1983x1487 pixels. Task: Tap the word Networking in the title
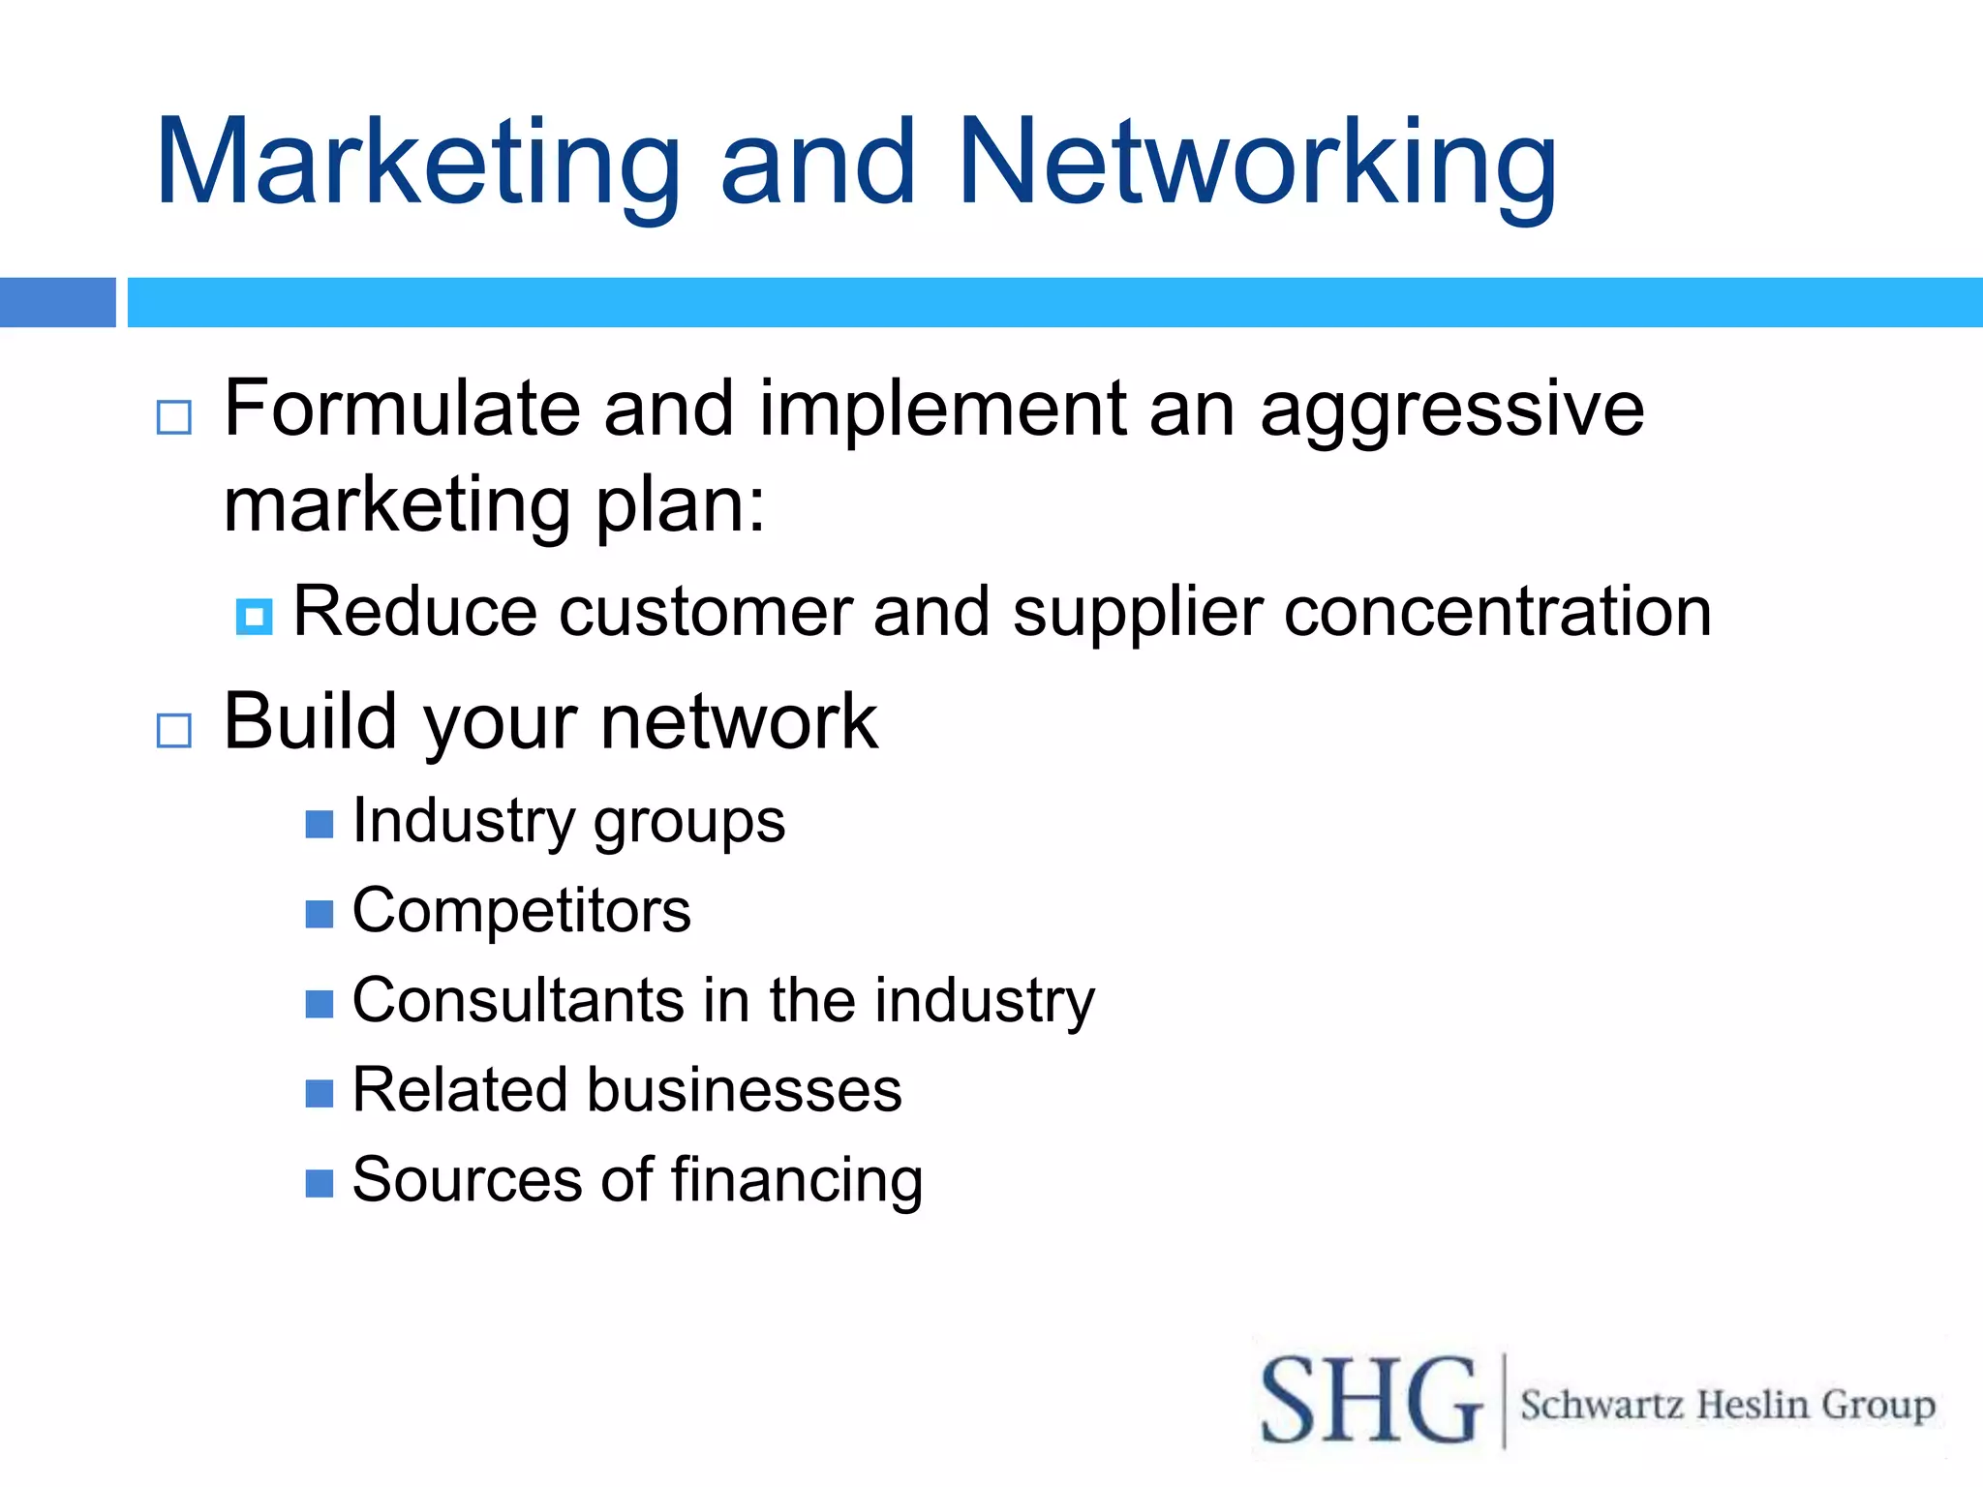pos(1257,163)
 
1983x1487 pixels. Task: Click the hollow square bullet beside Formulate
pos(174,417)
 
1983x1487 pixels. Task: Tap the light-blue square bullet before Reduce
pos(254,616)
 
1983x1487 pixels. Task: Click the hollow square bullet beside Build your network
pos(174,730)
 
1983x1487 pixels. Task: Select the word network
pos(739,722)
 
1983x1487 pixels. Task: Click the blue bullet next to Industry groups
pos(320,824)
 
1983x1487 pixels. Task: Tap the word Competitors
pos(521,911)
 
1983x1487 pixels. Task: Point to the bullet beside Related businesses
pos(320,1093)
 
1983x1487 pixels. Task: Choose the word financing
pos(796,1181)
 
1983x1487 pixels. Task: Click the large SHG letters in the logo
pos(1370,1401)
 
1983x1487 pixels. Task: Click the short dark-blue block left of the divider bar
pos(57,302)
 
